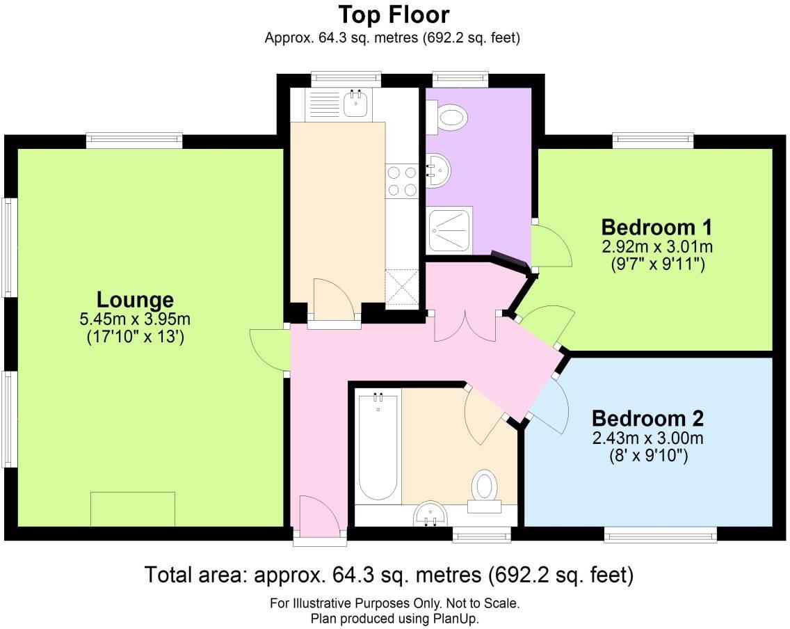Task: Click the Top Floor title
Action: point(394,15)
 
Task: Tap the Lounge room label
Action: point(135,301)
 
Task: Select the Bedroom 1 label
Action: point(657,227)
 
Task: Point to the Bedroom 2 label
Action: point(647,419)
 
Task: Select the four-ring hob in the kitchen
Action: point(401,180)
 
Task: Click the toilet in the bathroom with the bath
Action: point(485,487)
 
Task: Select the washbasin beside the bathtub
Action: point(432,515)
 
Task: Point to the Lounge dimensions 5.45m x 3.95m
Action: point(135,320)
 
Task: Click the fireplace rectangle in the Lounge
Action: point(132,509)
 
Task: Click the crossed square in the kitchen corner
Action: point(401,288)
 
